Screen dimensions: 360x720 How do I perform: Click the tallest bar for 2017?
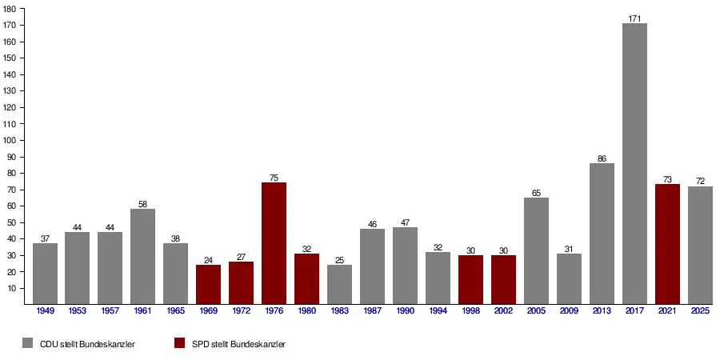(634, 164)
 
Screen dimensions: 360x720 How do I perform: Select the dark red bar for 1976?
(274, 243)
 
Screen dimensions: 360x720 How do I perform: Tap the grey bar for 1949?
(45, 274)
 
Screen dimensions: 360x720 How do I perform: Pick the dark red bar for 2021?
(667, 244)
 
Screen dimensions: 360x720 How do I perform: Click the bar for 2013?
(602, 234)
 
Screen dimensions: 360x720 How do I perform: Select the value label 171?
(634, 18)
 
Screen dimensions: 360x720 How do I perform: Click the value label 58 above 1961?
(142, 204)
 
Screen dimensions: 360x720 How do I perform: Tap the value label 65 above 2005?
(536, 193)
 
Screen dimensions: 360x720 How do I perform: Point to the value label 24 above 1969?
(208, 260)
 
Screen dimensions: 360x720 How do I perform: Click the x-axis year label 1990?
(405, 310)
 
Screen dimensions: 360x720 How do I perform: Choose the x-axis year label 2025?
(700, 310)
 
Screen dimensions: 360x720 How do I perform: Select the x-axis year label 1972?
(241, 310)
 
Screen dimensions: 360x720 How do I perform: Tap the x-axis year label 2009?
(569, 310)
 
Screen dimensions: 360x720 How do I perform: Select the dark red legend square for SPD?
(179, 343)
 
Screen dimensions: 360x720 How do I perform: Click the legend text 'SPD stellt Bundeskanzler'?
(238, 344)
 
